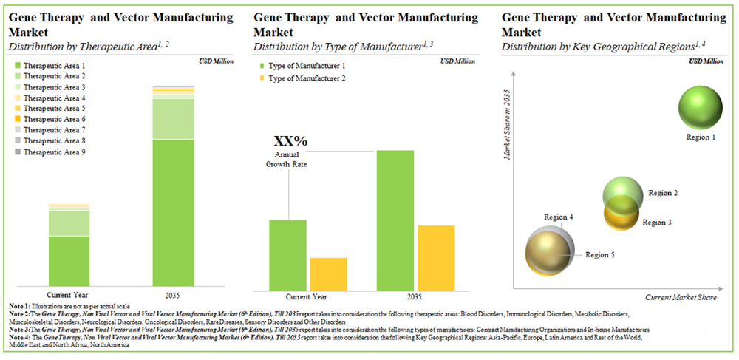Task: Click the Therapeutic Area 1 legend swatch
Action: tap(17, 66)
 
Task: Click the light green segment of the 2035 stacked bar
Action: tap(173, 119)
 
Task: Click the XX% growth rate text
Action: tap(290, 141)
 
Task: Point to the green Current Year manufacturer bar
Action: tap(287, 254)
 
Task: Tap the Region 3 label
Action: tap(657, 222)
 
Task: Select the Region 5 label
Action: tap(600, 255)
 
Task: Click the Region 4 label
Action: tap(559, 217)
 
